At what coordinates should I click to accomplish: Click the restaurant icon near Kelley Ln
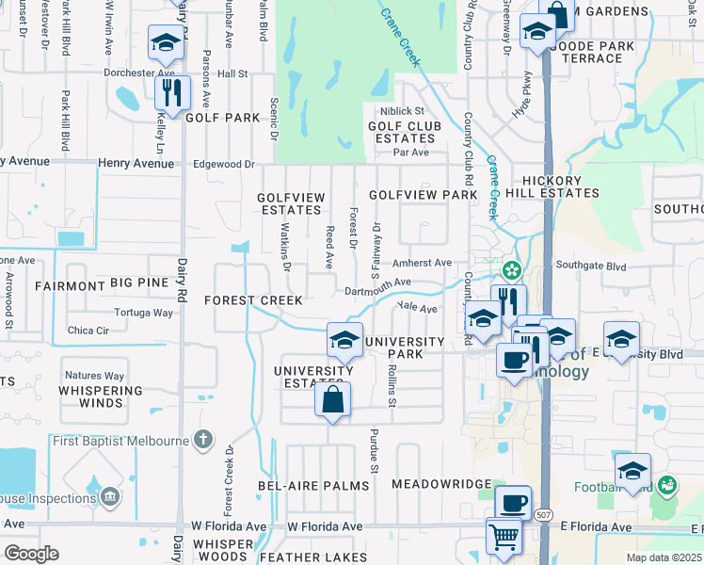172,92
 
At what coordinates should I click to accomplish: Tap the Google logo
30,554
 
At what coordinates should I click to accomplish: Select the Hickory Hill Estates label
557,186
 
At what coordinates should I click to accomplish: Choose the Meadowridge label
441,484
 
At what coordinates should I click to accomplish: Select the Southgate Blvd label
590,266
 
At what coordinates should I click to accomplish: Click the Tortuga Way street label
143,312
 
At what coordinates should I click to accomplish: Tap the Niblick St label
403,111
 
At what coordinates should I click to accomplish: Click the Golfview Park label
424,195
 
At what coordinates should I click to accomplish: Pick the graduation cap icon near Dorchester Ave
166,42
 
